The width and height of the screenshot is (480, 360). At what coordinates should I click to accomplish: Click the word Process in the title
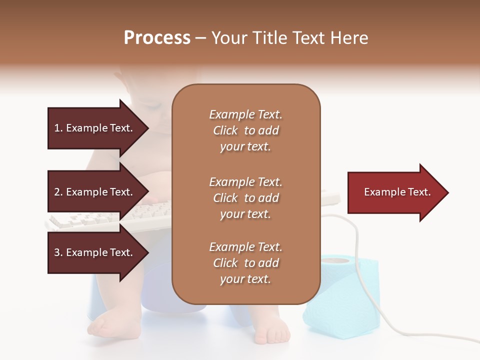pyautogui.click(x=157, y=38)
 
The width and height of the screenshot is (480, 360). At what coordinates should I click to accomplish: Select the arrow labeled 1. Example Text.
pyautogui.click(x=95, y=128)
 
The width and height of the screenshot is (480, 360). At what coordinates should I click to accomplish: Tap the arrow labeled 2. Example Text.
pyautogui.click(x=95, y=192)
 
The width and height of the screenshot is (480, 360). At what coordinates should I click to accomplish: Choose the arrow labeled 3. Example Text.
pyautogui.click(x=95, y=252)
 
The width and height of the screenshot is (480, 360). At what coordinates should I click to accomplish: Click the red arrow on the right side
pyautogui.click(x=395, y=192)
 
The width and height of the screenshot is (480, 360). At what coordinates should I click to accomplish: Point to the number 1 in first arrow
pyautogui.click(x=57, y=128)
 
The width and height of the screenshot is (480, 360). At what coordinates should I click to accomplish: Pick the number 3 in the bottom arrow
pyautogui.click(x=57, y=252)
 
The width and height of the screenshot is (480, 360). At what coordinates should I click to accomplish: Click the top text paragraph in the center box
pyautogui.click(x=245, y=130)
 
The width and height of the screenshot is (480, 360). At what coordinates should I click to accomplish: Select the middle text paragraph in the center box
pyautogui.click(x=245, y=198)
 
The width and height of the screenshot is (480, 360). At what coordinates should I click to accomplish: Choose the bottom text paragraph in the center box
pyautogui.click(x=245, y=263)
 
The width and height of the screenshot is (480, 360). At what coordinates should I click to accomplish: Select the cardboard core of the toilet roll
pyautogui.click(x=336, y=259)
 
